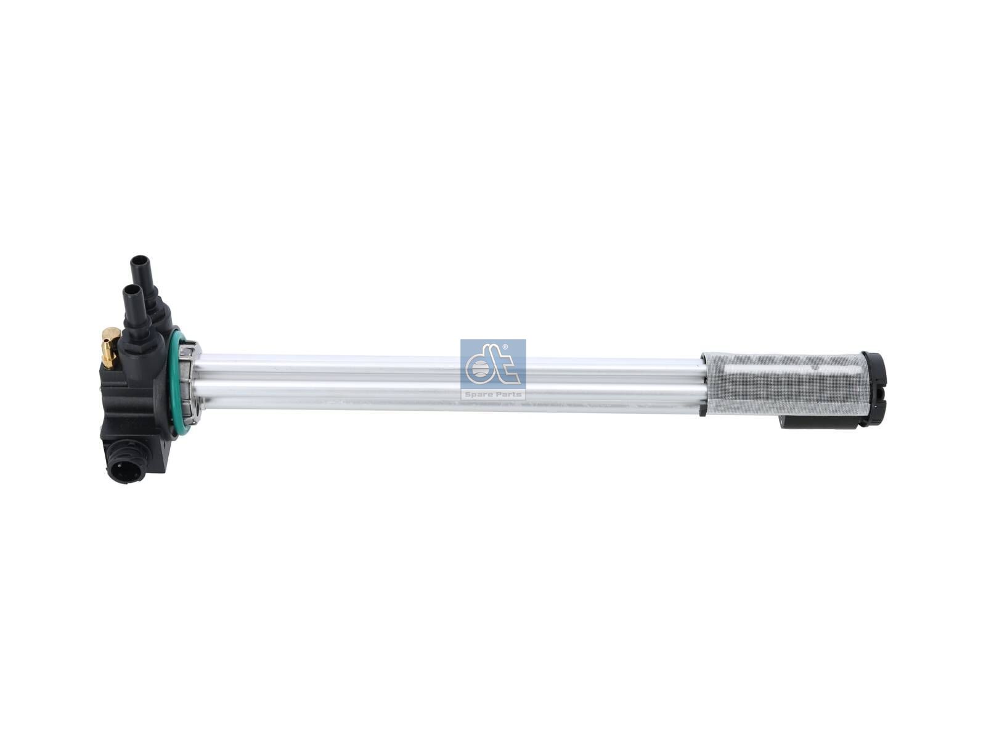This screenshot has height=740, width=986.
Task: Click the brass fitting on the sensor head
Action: pyautogui.click(x=110, y=345)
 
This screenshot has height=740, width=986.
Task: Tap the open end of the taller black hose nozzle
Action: pyautogui.click(x=139, y=260)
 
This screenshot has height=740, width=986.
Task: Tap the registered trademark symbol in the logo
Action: pyautogui.click(x=505, y=347)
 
